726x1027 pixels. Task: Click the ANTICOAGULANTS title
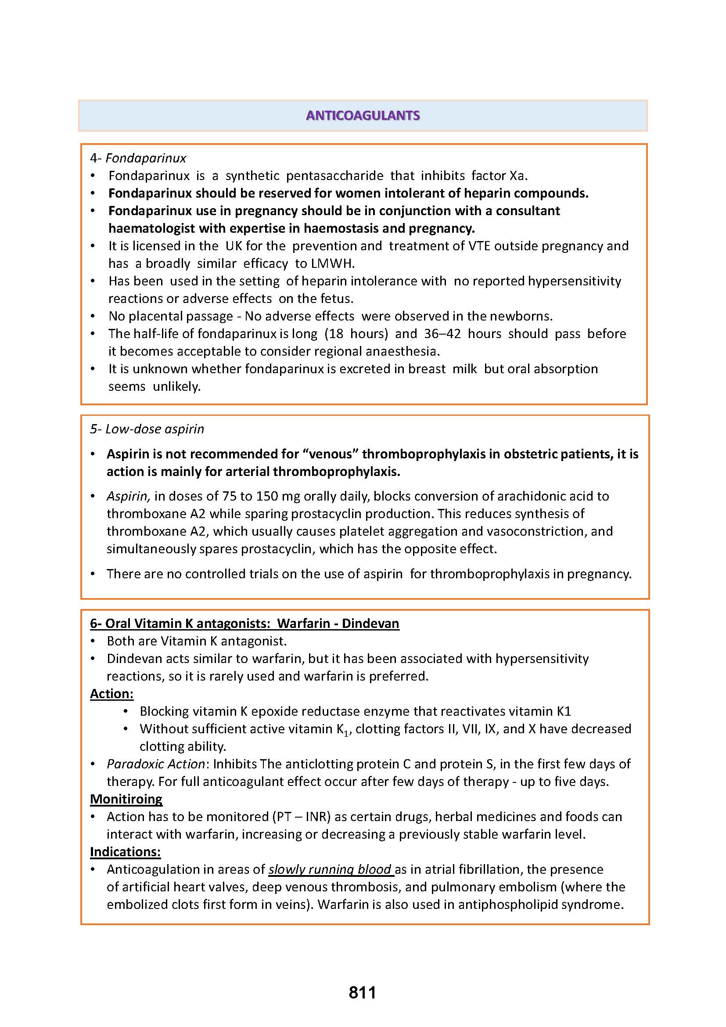point(363,115)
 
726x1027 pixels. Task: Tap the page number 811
point(363,993)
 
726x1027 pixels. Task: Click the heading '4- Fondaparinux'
point(138,158)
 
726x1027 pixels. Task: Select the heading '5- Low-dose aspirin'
point(147,429)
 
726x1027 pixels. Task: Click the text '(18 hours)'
point(356,334)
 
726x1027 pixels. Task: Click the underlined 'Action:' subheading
point(112,694)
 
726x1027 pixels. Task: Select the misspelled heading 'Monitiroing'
point(126,799)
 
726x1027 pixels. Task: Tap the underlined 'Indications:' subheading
point(125,852)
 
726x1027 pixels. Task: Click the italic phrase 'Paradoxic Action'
point(156,764)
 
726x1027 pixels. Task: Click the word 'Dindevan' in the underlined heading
point(370,623)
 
